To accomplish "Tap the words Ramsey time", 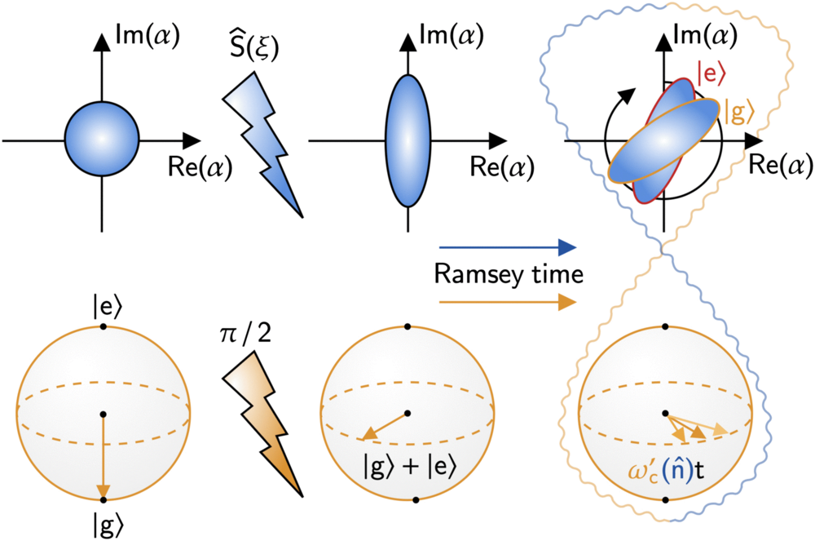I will click(507, 274).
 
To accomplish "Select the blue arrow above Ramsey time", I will click(507, 246).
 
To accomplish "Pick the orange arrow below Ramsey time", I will click(507, 303).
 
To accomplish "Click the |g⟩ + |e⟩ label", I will click(407, 468).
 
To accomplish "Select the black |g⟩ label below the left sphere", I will click(103, 520).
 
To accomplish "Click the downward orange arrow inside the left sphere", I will click(103, 457).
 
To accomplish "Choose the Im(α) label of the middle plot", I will click(453, 36).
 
